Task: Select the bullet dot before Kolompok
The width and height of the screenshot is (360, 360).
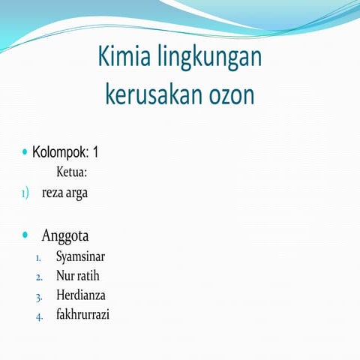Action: pyautogui.click(x=25, y=152)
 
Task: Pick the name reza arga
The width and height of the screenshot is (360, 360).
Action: pyautogui.click(x=64, y=193)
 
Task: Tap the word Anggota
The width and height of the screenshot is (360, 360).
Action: pyautogui.click(x=65, y=235)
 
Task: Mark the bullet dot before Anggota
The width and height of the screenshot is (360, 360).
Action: pyautogui.click(x=26, y=235)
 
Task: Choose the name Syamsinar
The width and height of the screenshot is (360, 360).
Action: pyautogui.click(x=81, y=256)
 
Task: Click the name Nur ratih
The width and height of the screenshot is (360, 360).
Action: pyautogui.click(x=77, y=276)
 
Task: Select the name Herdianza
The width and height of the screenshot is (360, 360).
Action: pyautogui.click(x=81, y=295)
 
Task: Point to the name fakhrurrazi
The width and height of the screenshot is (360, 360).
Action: pyautogui.click(x=82, y=314)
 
